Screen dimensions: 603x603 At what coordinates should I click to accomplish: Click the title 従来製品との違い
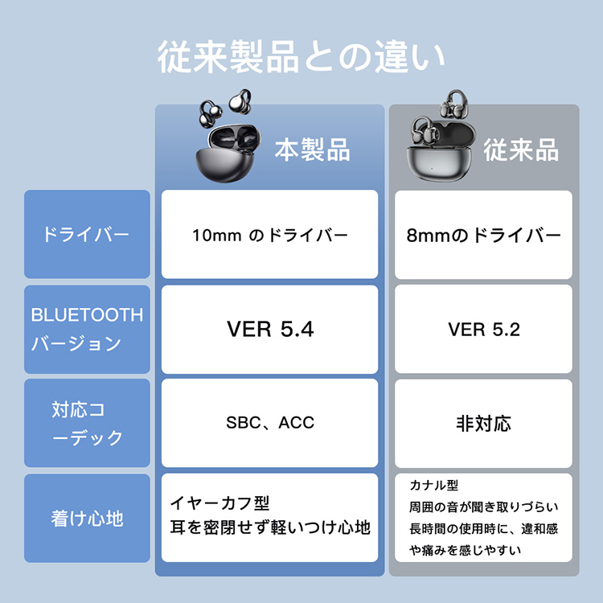click(x=301, y=58)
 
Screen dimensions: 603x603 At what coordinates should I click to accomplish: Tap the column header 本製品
click(x=312, y=149)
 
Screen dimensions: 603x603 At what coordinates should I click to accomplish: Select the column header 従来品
click(x=521, y=150)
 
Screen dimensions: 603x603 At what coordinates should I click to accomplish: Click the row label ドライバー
click(x=86, y=235)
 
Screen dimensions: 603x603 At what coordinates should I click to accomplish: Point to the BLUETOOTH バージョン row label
click(x=87, y=329)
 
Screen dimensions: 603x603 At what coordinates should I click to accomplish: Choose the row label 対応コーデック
click(x=87, y=424)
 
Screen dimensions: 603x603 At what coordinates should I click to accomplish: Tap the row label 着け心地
click(x=87, y=519)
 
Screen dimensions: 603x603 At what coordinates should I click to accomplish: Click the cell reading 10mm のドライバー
click(x=270, y=236)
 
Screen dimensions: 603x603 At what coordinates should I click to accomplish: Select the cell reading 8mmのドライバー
click(x=483, y=236)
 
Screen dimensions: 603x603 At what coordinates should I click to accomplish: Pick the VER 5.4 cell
click(x=270, y=330)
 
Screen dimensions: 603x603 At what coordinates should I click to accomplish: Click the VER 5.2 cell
click(x=483, y=330)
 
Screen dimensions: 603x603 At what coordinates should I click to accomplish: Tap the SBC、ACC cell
click(x=270, y=423)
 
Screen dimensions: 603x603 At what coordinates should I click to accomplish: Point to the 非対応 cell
click(x=483, y=423)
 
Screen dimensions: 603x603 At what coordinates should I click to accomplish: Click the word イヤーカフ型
click(x=219, y=503)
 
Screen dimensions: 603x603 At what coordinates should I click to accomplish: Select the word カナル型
click(x=433, y=486)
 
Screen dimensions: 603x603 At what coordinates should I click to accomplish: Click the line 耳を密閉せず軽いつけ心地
click(x=270, y=528)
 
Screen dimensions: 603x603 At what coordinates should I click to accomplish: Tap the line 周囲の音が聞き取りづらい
click(x=483, y=507)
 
